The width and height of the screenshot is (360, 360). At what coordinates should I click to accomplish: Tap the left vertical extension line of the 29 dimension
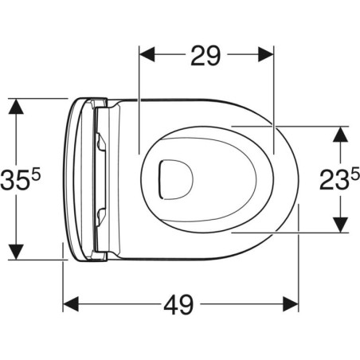139,104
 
